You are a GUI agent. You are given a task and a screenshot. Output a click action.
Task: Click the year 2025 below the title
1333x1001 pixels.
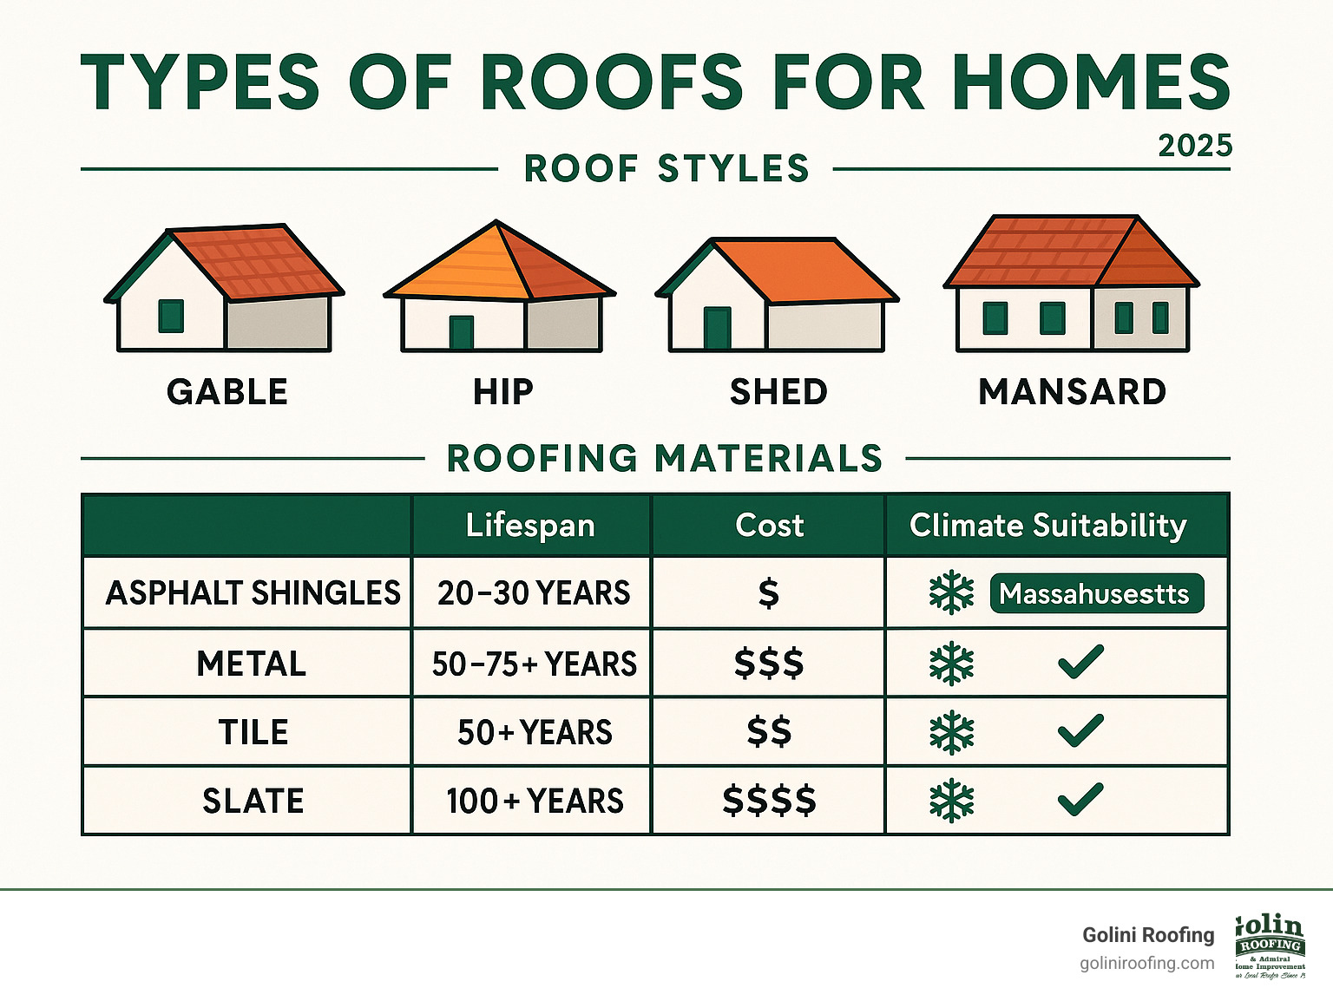(x=1195, y=146)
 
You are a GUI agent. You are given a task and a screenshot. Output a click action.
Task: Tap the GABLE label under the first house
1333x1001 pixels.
(x=227, y=392)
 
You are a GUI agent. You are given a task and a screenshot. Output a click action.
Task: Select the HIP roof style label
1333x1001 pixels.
(x=503, y=392)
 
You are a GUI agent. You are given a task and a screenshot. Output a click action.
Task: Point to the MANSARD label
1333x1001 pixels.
(x=1072, y=392)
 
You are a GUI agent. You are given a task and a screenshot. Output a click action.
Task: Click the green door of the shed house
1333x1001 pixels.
(x=717, y=328)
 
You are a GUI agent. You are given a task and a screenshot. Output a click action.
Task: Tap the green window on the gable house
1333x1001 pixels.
(x=171, y=316)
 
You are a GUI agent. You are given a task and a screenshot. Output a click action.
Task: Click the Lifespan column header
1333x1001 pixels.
(x=530, y=526)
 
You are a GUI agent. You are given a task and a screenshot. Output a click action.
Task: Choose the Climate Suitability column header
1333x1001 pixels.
(x=1047, y=526)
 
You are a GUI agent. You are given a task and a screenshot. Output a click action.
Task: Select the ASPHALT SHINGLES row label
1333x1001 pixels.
(x=253, y=593)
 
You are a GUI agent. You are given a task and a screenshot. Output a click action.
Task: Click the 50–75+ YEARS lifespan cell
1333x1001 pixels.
(x=534, y=664)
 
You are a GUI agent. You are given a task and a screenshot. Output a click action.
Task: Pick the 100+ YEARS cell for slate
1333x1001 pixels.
(x=534, y=801)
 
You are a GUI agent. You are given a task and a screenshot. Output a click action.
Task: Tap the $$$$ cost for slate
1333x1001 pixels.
(x=769, y=801)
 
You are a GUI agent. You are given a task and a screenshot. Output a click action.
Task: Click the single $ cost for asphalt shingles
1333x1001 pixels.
(x=768, y=594)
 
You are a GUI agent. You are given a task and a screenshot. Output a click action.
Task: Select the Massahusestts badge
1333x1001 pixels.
(x=1096, y=594)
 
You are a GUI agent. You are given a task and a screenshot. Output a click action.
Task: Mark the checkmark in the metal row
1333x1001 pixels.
(x=1080, y=664)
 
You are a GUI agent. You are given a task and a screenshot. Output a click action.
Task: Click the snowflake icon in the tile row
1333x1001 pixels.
(x=952, y=733)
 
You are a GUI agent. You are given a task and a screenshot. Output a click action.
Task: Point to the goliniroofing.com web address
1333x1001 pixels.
(x=1146, y=964)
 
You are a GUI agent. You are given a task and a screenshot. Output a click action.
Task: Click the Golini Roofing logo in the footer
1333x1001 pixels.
(x=1271, y=946)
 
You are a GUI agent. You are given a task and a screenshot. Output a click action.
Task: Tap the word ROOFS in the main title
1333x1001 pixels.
(x=611, y=82)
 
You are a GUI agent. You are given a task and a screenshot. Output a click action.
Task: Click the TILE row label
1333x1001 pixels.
(x=253, y=733)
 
